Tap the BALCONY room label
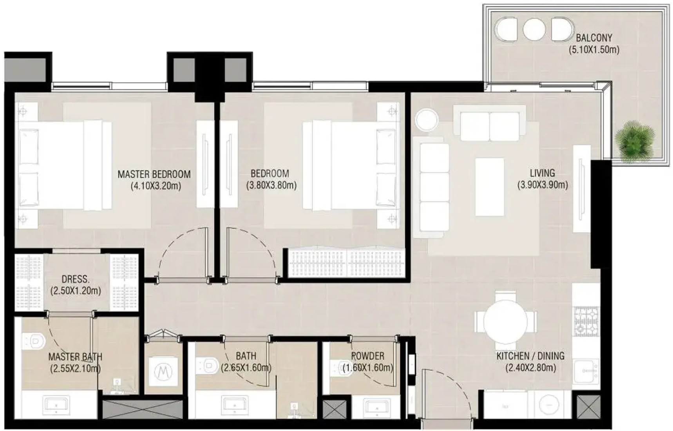(x=594, y=38)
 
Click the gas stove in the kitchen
(x=586, y=321)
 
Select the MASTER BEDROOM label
(x=154, y=174)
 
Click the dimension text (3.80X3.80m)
(x=271, y=185)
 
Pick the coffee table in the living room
(x=490, y=187)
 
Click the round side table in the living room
(x=427, y=120)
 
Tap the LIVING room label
(x=542, y=173)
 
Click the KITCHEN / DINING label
(x=530, y=356)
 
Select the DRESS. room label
(x=76, y=279)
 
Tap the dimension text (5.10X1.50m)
(x=594, y=50)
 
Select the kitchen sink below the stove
(x=586, y=371)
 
